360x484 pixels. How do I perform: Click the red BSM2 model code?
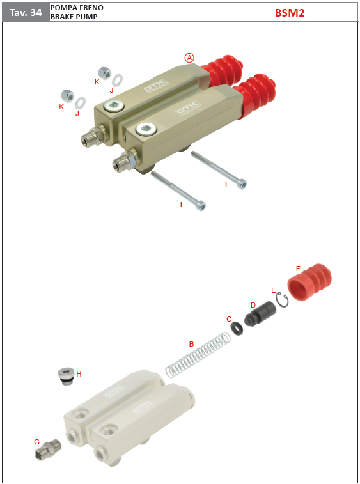290,13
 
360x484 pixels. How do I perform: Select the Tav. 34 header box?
26,12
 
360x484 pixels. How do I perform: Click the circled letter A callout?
189,58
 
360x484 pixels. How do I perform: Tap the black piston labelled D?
259,313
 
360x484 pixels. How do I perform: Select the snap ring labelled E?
283,299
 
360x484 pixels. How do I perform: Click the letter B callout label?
191,344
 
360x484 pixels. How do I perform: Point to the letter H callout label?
79,374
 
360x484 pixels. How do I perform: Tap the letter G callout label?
36,442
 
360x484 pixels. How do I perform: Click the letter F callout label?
298,269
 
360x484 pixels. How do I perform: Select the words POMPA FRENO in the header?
77,8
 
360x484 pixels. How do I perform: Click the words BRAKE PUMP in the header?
74,17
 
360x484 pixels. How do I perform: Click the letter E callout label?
274,290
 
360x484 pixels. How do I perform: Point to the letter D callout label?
253,305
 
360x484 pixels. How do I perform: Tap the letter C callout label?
229,319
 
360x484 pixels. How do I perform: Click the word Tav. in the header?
18,12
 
